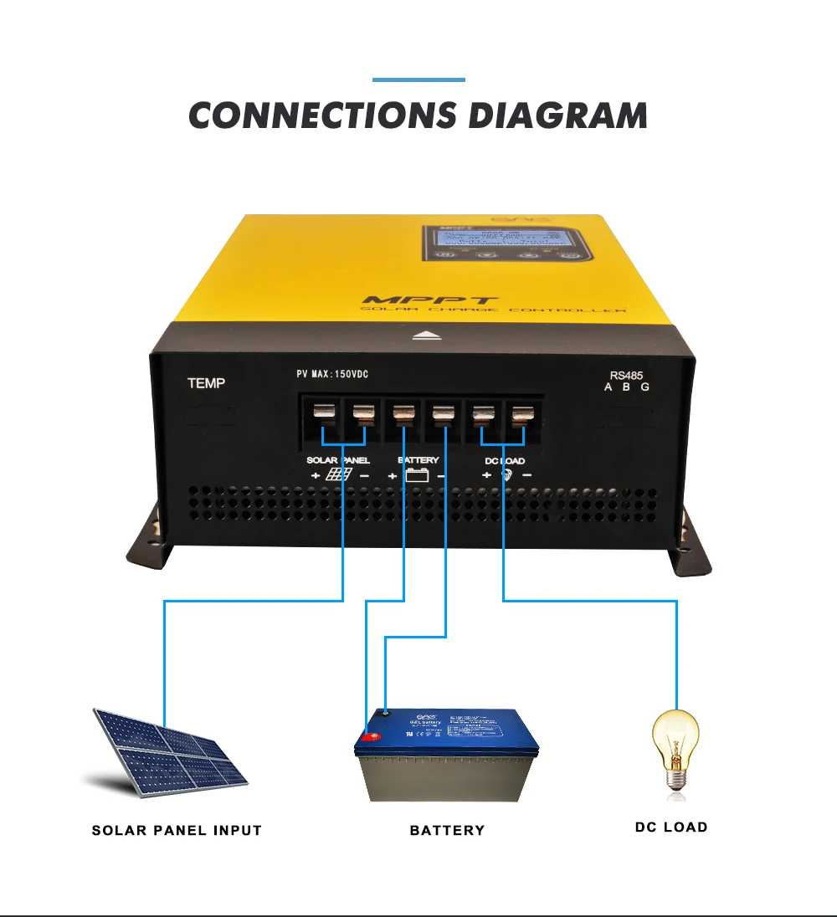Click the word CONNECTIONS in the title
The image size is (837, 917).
tap(322, 115)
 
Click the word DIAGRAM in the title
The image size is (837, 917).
tap(557, 115)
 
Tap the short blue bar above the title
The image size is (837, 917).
tap(418, 80)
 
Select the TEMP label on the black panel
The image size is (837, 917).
tap(206, 384)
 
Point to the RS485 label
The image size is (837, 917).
tap(627, 377)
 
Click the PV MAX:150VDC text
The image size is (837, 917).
tap(332, 374)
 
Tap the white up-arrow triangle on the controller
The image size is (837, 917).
tap(428, 336)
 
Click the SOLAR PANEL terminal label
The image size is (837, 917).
tap(337, 460)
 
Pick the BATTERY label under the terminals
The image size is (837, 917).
tap(417, 460)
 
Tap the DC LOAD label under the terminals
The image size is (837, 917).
tap(505, 461)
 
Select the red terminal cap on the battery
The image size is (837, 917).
tap(369, 738)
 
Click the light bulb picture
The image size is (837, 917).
tap(674, 749)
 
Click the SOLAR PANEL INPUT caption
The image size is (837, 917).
tap(177, 831)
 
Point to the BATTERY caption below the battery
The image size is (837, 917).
tap(447, 831)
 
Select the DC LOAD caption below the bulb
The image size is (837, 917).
tap(670, 827)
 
